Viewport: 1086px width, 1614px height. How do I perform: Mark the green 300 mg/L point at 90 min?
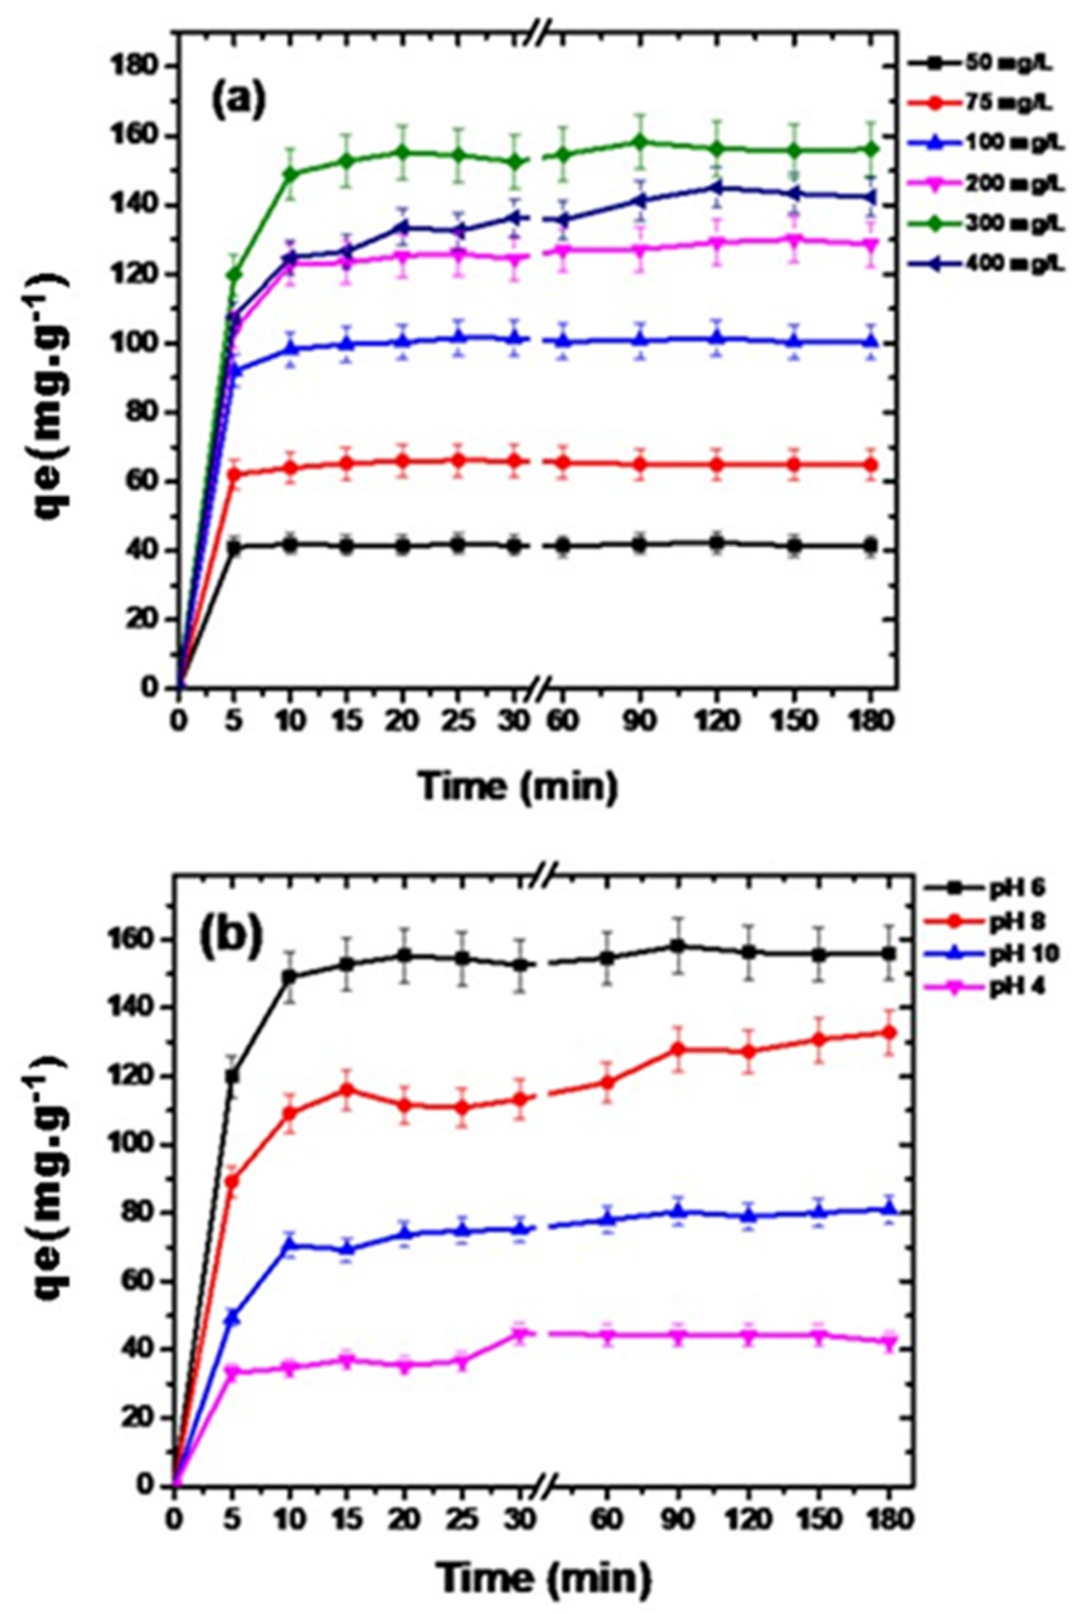pyautogui.click(x=641, y=143)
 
